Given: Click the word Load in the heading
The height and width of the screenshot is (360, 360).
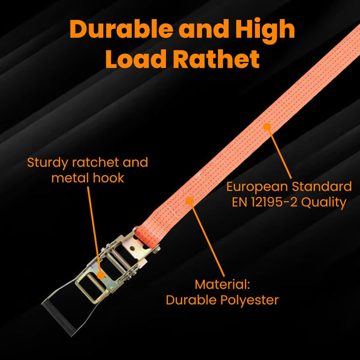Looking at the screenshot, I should [x=135, y=59].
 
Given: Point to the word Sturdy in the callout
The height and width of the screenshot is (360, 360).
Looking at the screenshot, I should [x=48, y=163].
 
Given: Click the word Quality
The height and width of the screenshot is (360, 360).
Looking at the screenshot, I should [x=324, y=202].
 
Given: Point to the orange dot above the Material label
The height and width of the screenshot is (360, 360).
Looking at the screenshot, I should [x=190, y=202].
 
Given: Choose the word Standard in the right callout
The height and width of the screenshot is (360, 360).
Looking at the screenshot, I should [x=325, y=186].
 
